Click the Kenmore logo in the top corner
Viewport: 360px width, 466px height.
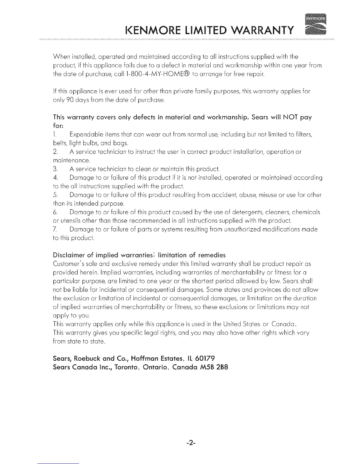316,24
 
